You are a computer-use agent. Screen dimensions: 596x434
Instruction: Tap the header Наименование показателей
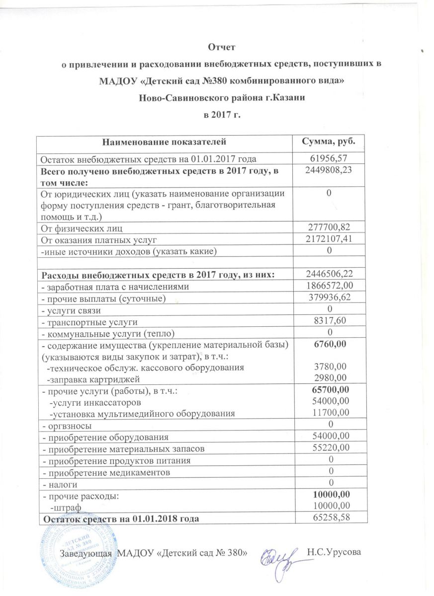pos(164,142)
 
